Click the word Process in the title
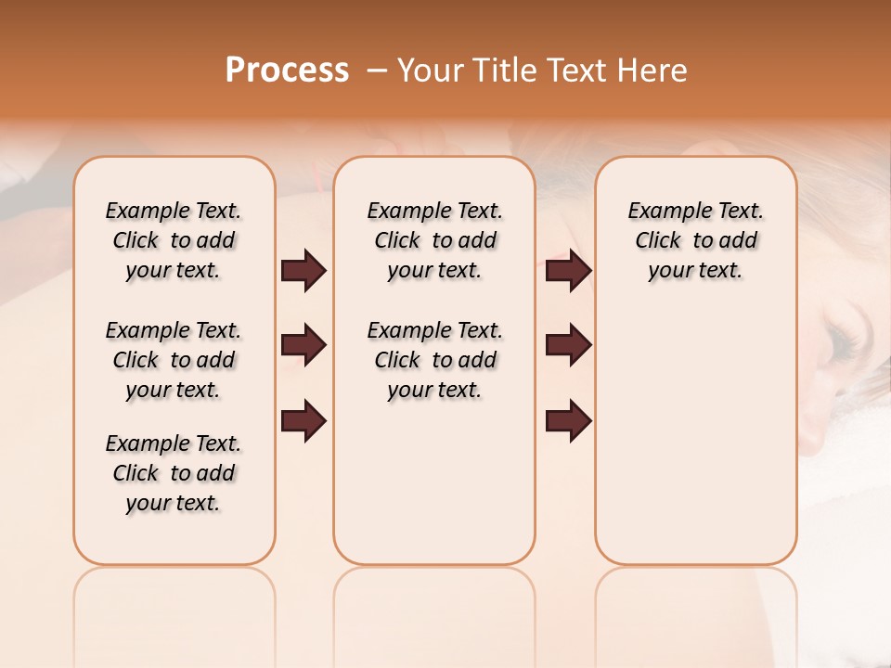(287, 71)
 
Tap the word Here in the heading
(653, 71)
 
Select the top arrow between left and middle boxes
(303, 271)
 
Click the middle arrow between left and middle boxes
(303, 345)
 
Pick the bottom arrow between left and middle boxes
(303, 421)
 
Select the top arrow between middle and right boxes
(568, 271)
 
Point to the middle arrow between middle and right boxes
(568, 345)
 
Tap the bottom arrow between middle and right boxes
(568, 421)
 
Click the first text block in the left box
(174, 240)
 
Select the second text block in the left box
(174, 360)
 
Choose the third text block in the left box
(174, 473)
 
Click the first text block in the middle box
(434, 240)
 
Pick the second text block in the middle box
(434, 360)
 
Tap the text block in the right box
(695, 240)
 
